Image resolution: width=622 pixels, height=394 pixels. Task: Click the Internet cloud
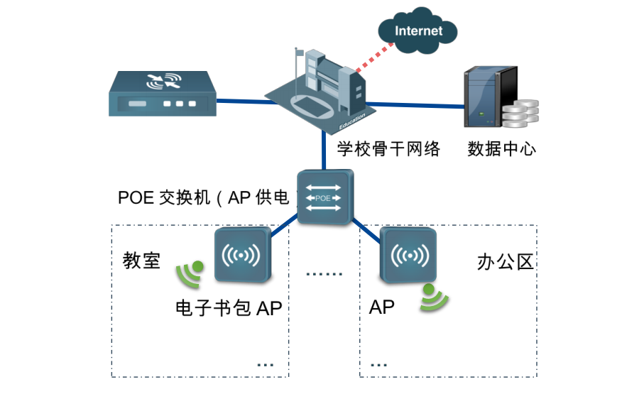coord(418,31)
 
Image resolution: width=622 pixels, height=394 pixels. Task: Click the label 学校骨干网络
coord(388,149)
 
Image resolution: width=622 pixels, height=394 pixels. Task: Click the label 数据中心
coord(501,149)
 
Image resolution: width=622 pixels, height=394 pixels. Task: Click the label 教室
coord(141,261)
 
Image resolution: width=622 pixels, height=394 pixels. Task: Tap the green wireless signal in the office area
coord(432,298)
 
